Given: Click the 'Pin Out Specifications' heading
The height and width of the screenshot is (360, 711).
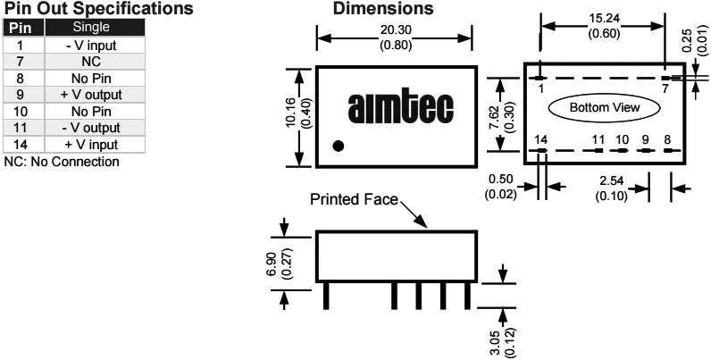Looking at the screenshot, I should pyautogui.click(x=98, y=9).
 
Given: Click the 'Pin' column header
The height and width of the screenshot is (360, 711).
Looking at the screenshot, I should pyautogui.click(x=20, y=28).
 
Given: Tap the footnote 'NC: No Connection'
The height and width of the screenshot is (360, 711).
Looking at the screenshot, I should pyautogui.click(x=61, y=161).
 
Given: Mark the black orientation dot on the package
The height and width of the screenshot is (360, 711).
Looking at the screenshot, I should pyautogui.click(x=337, y=147).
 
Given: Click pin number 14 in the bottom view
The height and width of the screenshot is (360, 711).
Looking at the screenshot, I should pyautogui.click(x=540, y=138).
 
